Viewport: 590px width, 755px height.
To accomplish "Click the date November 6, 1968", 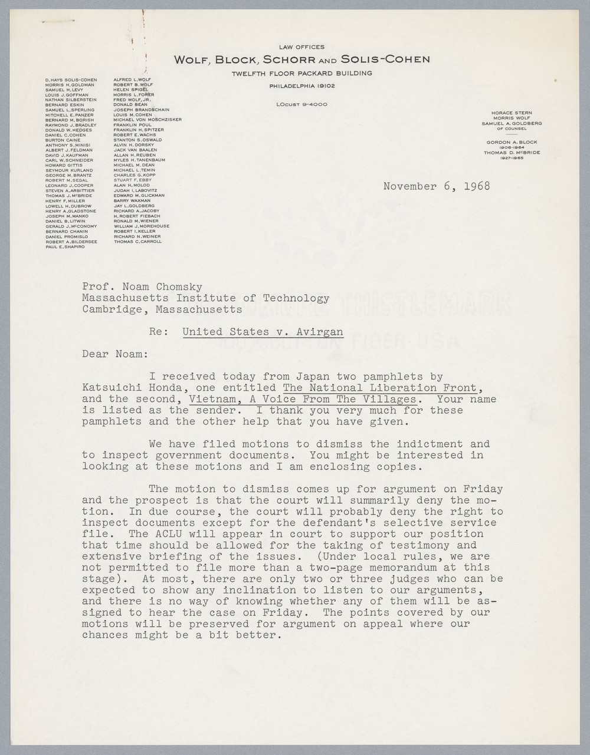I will (x=436, y=186).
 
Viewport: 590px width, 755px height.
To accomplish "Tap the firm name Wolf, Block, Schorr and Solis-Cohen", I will (x=301, y=59).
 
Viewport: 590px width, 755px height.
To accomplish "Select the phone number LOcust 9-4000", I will (x=301, y=104).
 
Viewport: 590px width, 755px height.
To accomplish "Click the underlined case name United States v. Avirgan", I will (x=263, y=332).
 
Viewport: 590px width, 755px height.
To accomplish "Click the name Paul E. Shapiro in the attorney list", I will (x=65, y=246).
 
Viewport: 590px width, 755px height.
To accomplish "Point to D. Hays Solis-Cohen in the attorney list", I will (x=71, y=79).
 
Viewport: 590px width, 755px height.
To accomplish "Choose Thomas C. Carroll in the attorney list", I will (x=137, y=241).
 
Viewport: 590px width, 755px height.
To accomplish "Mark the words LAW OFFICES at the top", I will (x=301, y=47).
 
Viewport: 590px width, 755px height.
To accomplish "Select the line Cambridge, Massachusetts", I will (x=162, y=309).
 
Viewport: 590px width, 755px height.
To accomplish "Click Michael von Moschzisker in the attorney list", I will (x=147, y=120).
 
